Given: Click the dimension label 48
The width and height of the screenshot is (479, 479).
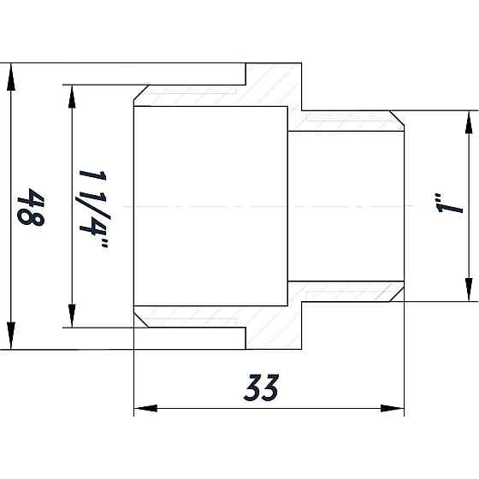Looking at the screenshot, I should (32, 207).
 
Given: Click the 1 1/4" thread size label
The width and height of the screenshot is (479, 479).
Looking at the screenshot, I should (92, 207).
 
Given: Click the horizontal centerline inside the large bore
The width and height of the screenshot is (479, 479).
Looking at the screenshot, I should (214, 206).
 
